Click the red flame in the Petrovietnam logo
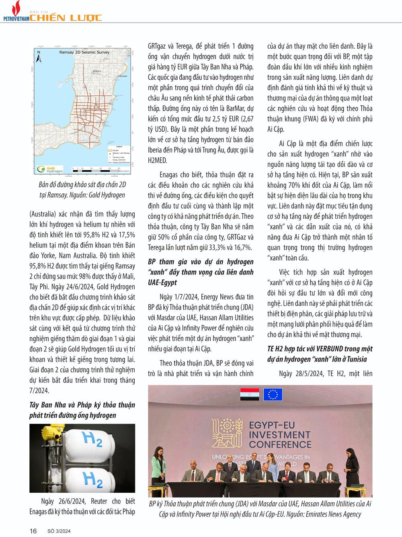pyautogui.click(x=16, y=8)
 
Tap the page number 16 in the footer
pyautogui.click(x=33, y=531)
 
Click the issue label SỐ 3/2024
pyautogui.click(x=59, y=531)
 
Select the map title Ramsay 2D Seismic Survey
pyautogui.click(x=84, y=52)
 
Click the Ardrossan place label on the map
pyautogui.click(x=122, y=76)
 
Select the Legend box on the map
pyautogui.click(x=118, y=155)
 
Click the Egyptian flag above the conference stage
pyautogui.click(x=250, y=394)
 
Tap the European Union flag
pyautogui.click(x=273, y=394)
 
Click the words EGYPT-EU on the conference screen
pyautogui.click(x=272, y=425)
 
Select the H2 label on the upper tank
pyautogui.click(x=92, y=439)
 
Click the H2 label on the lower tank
pyautogui.click(x=92, y=480)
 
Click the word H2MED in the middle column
pyautogui.click(x=158, y=160)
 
